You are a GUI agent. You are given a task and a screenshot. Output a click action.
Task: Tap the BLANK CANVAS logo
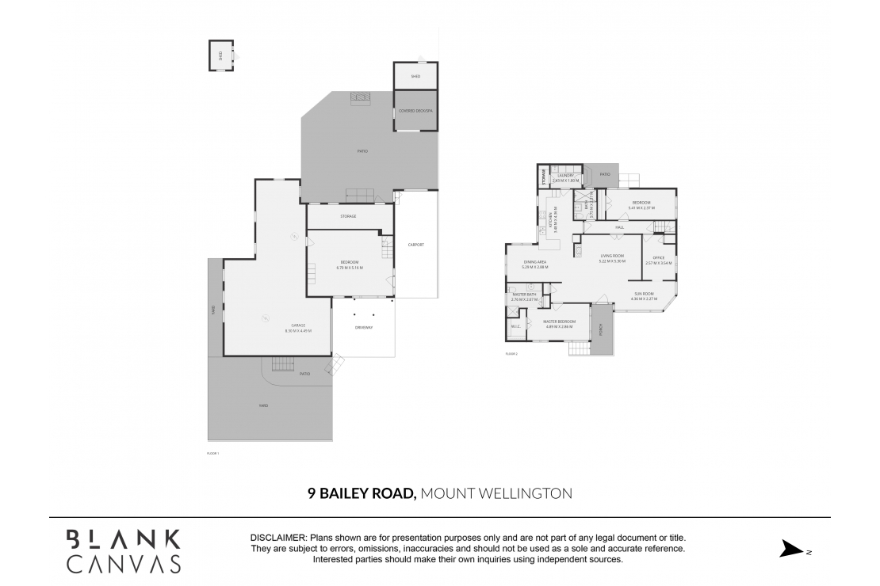click(x=123, y=550)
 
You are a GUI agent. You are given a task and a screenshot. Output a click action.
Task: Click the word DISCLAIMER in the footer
click(x=277, y=538)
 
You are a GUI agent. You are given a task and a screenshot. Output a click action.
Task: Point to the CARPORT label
click(x=415, y=245)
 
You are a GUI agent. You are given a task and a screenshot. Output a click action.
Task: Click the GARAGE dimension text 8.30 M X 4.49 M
click(x=298, y=330)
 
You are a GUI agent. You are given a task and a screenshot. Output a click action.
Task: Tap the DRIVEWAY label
click(x=363, y=327)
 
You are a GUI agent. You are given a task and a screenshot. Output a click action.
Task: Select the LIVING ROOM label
click(x=612, y=256)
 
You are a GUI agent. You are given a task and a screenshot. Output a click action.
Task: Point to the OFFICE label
click(x=658, y=257)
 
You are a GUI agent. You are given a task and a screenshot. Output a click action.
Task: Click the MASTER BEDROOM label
click(x=559, y=322)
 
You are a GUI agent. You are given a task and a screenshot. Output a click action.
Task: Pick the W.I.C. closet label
click(x=515, y=326)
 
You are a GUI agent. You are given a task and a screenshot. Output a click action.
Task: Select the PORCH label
click(x=600, y=328)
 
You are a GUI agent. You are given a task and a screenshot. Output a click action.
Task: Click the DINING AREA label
click(x=534, y=262)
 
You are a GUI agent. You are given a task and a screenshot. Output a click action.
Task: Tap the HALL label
click(x=619, y=227)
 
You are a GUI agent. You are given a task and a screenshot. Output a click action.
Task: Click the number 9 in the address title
click(x=312, y=493)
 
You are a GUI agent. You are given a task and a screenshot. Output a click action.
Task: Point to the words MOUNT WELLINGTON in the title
click(x=495, y=493)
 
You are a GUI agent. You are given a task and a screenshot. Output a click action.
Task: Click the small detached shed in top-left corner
click(x=221, y=55)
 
